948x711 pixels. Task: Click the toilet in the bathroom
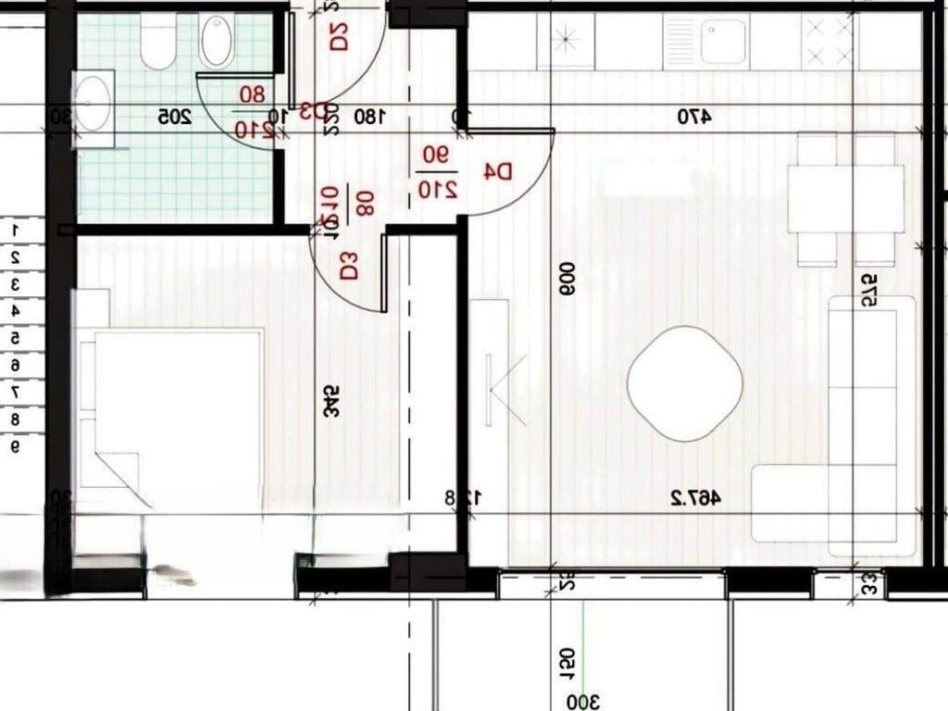158,41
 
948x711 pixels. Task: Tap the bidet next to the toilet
217,42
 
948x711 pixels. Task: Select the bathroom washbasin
92,104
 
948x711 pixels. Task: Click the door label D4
499,171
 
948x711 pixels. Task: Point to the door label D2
338,36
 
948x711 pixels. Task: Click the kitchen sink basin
722,42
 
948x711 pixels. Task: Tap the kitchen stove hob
829,42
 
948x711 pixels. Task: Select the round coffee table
685,383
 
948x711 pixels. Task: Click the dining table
845,198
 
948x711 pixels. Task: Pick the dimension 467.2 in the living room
695,498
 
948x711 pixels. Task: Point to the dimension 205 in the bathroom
174,117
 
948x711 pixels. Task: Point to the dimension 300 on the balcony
582,702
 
